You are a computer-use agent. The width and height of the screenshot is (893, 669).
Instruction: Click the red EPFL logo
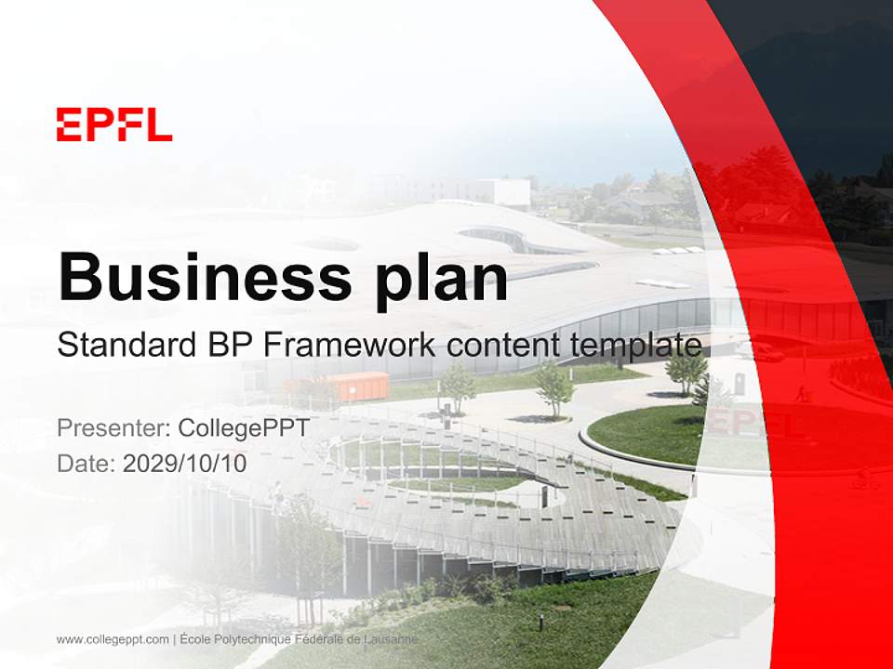114,124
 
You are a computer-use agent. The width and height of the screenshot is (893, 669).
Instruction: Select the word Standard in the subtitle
127,345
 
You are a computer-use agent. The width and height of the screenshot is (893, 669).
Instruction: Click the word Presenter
113,427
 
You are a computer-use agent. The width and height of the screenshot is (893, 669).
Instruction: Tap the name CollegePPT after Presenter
245,428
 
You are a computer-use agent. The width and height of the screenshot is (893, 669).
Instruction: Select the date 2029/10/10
185,463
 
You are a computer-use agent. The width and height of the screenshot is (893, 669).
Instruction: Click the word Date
86,463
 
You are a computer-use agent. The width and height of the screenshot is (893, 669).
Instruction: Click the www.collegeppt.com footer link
113,639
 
